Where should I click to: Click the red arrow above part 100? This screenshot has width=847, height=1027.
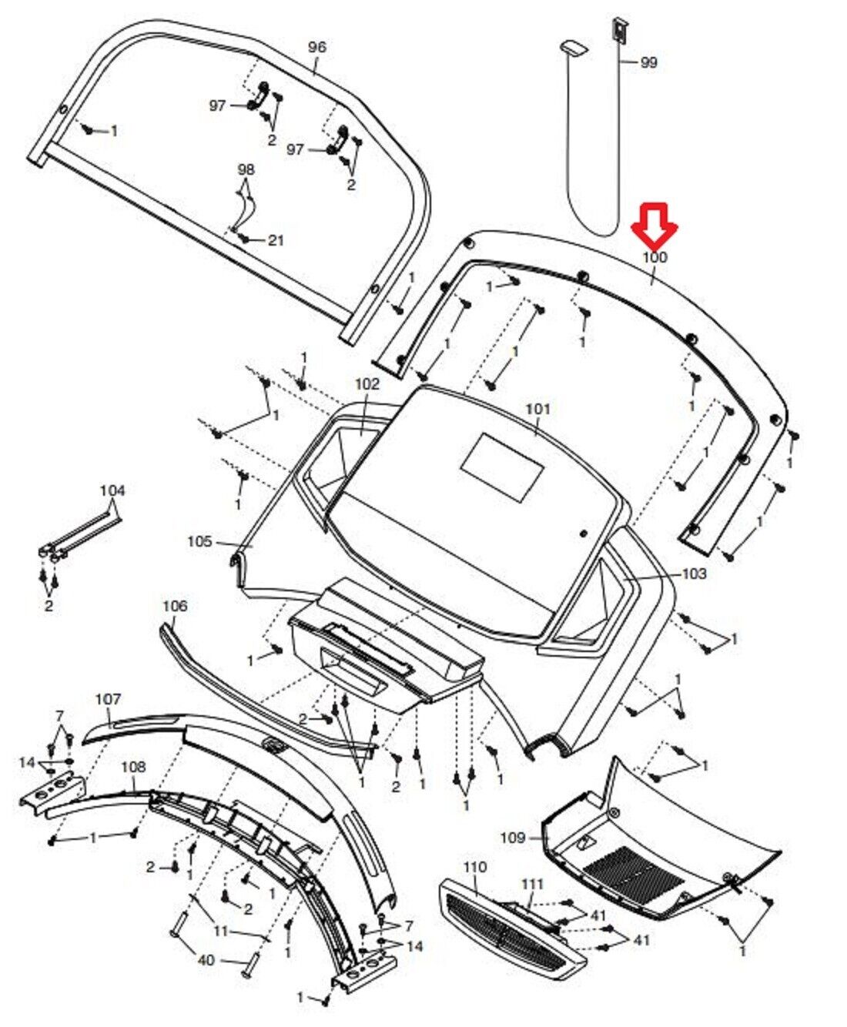(x=654, y=224)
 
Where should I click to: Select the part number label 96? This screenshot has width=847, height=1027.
(x=316, y=47)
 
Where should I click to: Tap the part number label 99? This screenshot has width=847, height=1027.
(x=649, y=63)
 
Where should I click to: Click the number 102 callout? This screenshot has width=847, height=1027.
(x=367, y=383)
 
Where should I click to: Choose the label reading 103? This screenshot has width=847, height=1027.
(x=694, y=574)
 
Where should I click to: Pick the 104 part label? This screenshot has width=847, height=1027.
(x=112, y=490)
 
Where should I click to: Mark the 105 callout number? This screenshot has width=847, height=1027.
(x=199, y=542)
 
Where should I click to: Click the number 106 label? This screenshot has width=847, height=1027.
(x=175, y=606)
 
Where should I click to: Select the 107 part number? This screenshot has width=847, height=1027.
(x=109, y=699)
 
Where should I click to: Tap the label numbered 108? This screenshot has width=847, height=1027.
(x=133, y=768)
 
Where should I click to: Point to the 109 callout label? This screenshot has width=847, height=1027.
(x=513, y=838)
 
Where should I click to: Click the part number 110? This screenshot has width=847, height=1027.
(x=475, y=867)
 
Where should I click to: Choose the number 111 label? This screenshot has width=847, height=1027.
(x=532, y=885)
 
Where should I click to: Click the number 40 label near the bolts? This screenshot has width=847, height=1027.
(x=206, y=960)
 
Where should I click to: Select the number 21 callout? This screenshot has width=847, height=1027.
(x=276, y=240)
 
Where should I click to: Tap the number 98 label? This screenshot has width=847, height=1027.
(x=246, y=169)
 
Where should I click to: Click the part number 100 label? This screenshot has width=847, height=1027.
(x=654, y=257)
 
